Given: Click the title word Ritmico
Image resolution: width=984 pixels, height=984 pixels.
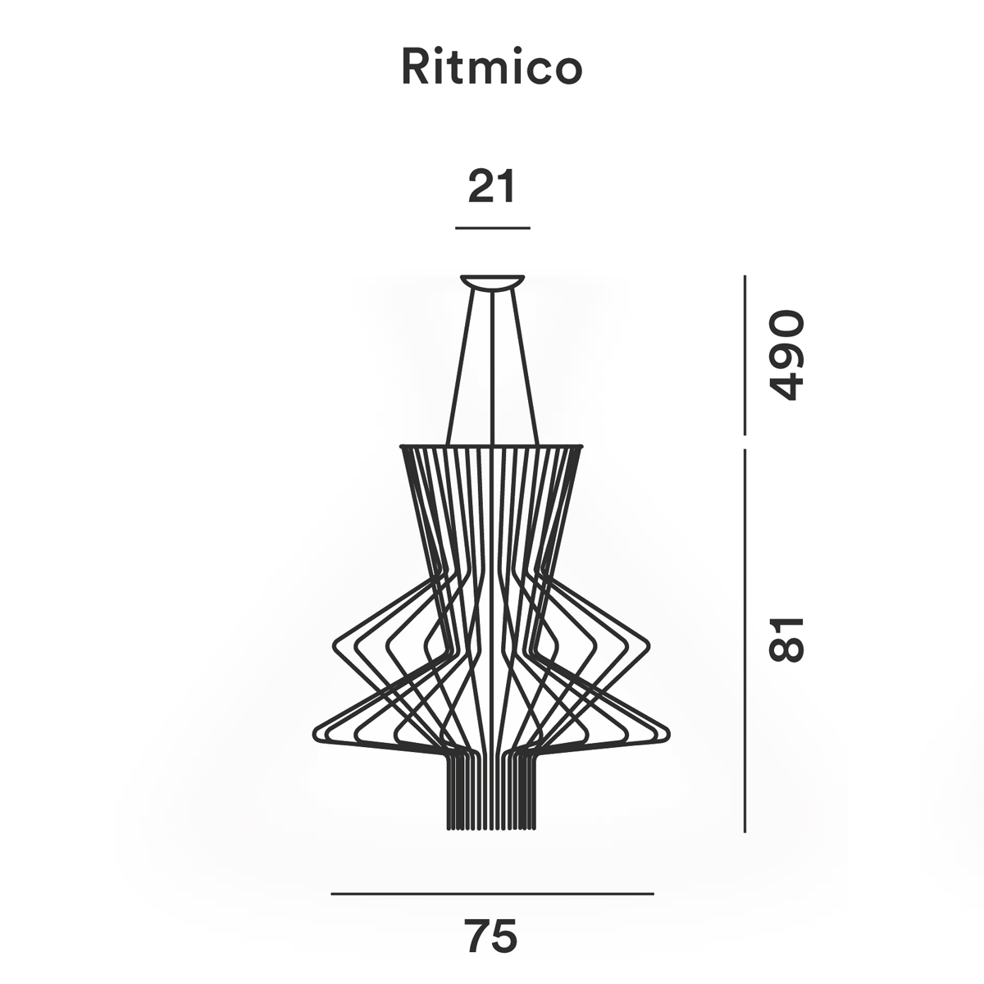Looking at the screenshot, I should click(491, 68).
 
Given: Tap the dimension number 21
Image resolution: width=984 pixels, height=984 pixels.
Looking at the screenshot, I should click(492, 187).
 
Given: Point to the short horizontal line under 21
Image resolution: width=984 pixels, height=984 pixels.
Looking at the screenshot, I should click(493, 227).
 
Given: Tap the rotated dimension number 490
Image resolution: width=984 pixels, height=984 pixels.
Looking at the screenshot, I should click(785, 355).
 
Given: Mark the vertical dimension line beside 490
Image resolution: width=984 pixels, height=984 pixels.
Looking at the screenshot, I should click(745, 355).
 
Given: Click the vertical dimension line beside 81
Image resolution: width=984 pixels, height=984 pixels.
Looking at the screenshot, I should click(745, 640).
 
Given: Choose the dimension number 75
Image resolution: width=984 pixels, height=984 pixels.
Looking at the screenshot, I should click(492, 936).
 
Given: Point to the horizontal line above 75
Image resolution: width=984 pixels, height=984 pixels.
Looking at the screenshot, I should click(492, 893).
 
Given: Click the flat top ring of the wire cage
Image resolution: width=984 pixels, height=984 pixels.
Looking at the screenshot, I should click(492, 446).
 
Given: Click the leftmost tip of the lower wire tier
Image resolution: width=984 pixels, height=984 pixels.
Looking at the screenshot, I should click(317, 730).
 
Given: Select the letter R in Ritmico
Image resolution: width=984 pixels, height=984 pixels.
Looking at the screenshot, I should click(413, 68).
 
